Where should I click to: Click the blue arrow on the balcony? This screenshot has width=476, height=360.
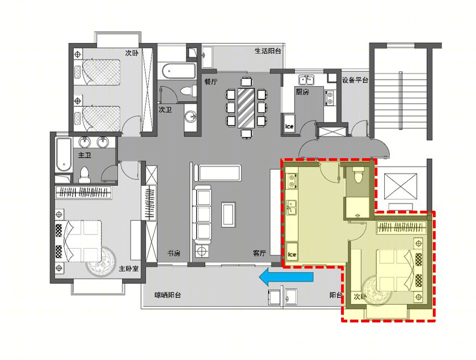(286, 277)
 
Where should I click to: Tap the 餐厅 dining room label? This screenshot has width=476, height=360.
(211, 82)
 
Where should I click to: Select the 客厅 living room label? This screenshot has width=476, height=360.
(259, 253)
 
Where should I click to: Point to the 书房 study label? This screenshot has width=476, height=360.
(174, 253)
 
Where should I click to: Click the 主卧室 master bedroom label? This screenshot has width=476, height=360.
(129, 269)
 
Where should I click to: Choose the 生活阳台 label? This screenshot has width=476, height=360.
(268, 51)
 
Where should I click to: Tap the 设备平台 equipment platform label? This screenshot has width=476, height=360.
(355, 80)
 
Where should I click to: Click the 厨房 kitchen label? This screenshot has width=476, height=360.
(302, 92)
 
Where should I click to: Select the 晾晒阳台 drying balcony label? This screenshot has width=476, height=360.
(168, 295)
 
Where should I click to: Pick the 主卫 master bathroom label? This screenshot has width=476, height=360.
(85, 155)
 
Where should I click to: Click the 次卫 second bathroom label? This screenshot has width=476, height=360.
(165, 109)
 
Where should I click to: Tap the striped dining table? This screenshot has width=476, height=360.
(245, 108)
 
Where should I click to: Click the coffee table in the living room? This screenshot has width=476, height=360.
(228, 215)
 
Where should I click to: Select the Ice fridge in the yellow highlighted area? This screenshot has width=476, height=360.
(292, 251)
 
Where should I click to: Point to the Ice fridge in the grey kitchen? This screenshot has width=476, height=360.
(289, 123)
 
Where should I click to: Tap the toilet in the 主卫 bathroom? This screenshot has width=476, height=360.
(85, 175)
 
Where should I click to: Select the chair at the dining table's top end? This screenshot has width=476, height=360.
(246, 81)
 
